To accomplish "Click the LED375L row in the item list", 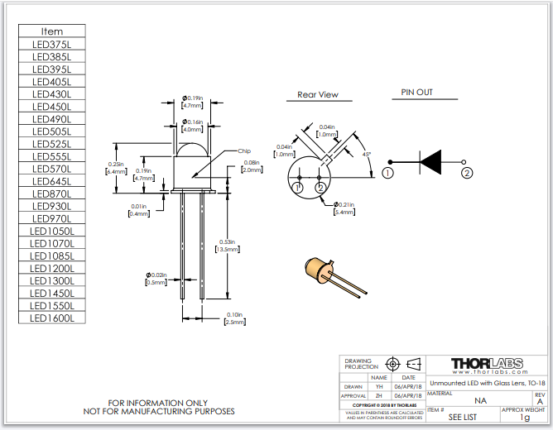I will (x=52, y=44).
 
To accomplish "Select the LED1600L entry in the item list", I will (x=52, y=318).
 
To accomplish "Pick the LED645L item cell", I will (x=52, y=181).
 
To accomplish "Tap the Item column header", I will (x=52, y=31).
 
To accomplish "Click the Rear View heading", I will (x=318, y=95).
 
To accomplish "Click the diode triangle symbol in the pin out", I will (x=430, y=160).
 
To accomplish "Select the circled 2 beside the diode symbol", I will (x=467, y=173).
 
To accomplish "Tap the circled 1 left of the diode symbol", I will (x=387, y=173).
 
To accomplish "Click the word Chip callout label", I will (x=244, y=151).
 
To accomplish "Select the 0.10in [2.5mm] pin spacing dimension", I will (x=234, y=318).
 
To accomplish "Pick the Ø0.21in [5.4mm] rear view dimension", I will (x=344, y=208).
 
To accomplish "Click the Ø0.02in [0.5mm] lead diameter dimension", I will (x=156, y=279).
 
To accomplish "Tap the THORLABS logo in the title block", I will (x=487, y=363).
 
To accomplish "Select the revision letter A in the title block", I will (x=541, y=401).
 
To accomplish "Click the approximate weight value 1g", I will (x=523, y=418).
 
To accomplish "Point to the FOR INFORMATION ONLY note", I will (x=159, y=403).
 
